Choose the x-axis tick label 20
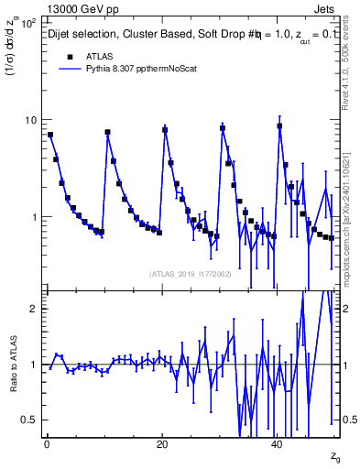(162, 444)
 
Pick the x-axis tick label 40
(278, 444)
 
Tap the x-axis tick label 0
(46, 444)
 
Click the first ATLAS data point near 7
(50, 135)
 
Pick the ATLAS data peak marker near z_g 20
(165, 129)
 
